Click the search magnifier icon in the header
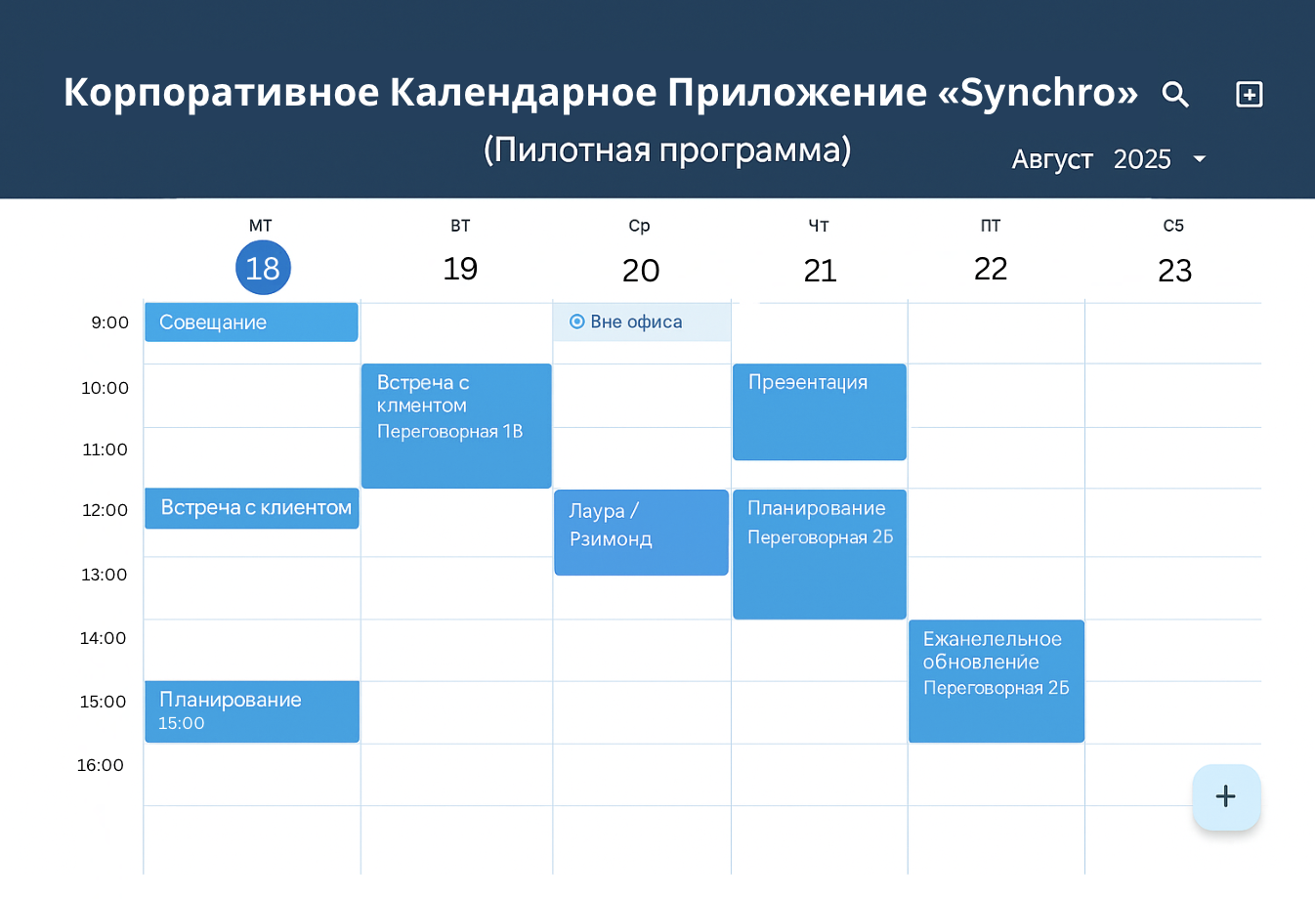[x=1175, y=95]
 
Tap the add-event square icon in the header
[x=1250, y=95]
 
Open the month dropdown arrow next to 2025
[x=1200, y=159]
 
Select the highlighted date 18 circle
[x=263, y=268]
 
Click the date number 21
[x=820, y=271]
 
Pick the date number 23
[x=1174, y=271]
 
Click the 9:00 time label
[x=110, y=322]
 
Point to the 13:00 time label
[x=105, y=575]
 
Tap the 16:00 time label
[x=101, y=765]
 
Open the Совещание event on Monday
[x=251, y=322]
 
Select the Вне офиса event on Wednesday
[x=641, y=322]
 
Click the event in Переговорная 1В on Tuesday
[x=456, y=425]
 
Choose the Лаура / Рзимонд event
[x=641, y=532]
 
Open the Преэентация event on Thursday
[x=819, y=411]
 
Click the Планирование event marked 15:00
[x=251, y=711]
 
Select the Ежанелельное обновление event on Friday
[x=996, y=680]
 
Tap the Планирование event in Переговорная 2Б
[x=819, y=553]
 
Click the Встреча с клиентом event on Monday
[x=251, y=508]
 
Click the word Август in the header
[x=1052, y=159]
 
